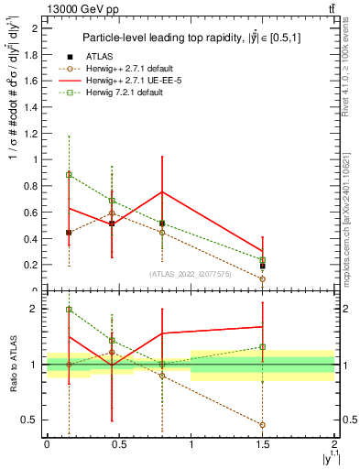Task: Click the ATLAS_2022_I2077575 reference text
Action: click(191, 273)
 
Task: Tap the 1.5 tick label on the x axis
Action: click(262, 444)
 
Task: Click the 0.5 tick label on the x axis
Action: click(118, 444)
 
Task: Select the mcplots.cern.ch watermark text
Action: click(349, 211)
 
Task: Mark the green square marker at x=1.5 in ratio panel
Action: click(262, 347)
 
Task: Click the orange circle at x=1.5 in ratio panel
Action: click(262, 425)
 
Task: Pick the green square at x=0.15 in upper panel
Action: click(69, 174)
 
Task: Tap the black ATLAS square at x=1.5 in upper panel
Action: click(262, 266)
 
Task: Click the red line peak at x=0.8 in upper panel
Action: click(161, 192)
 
